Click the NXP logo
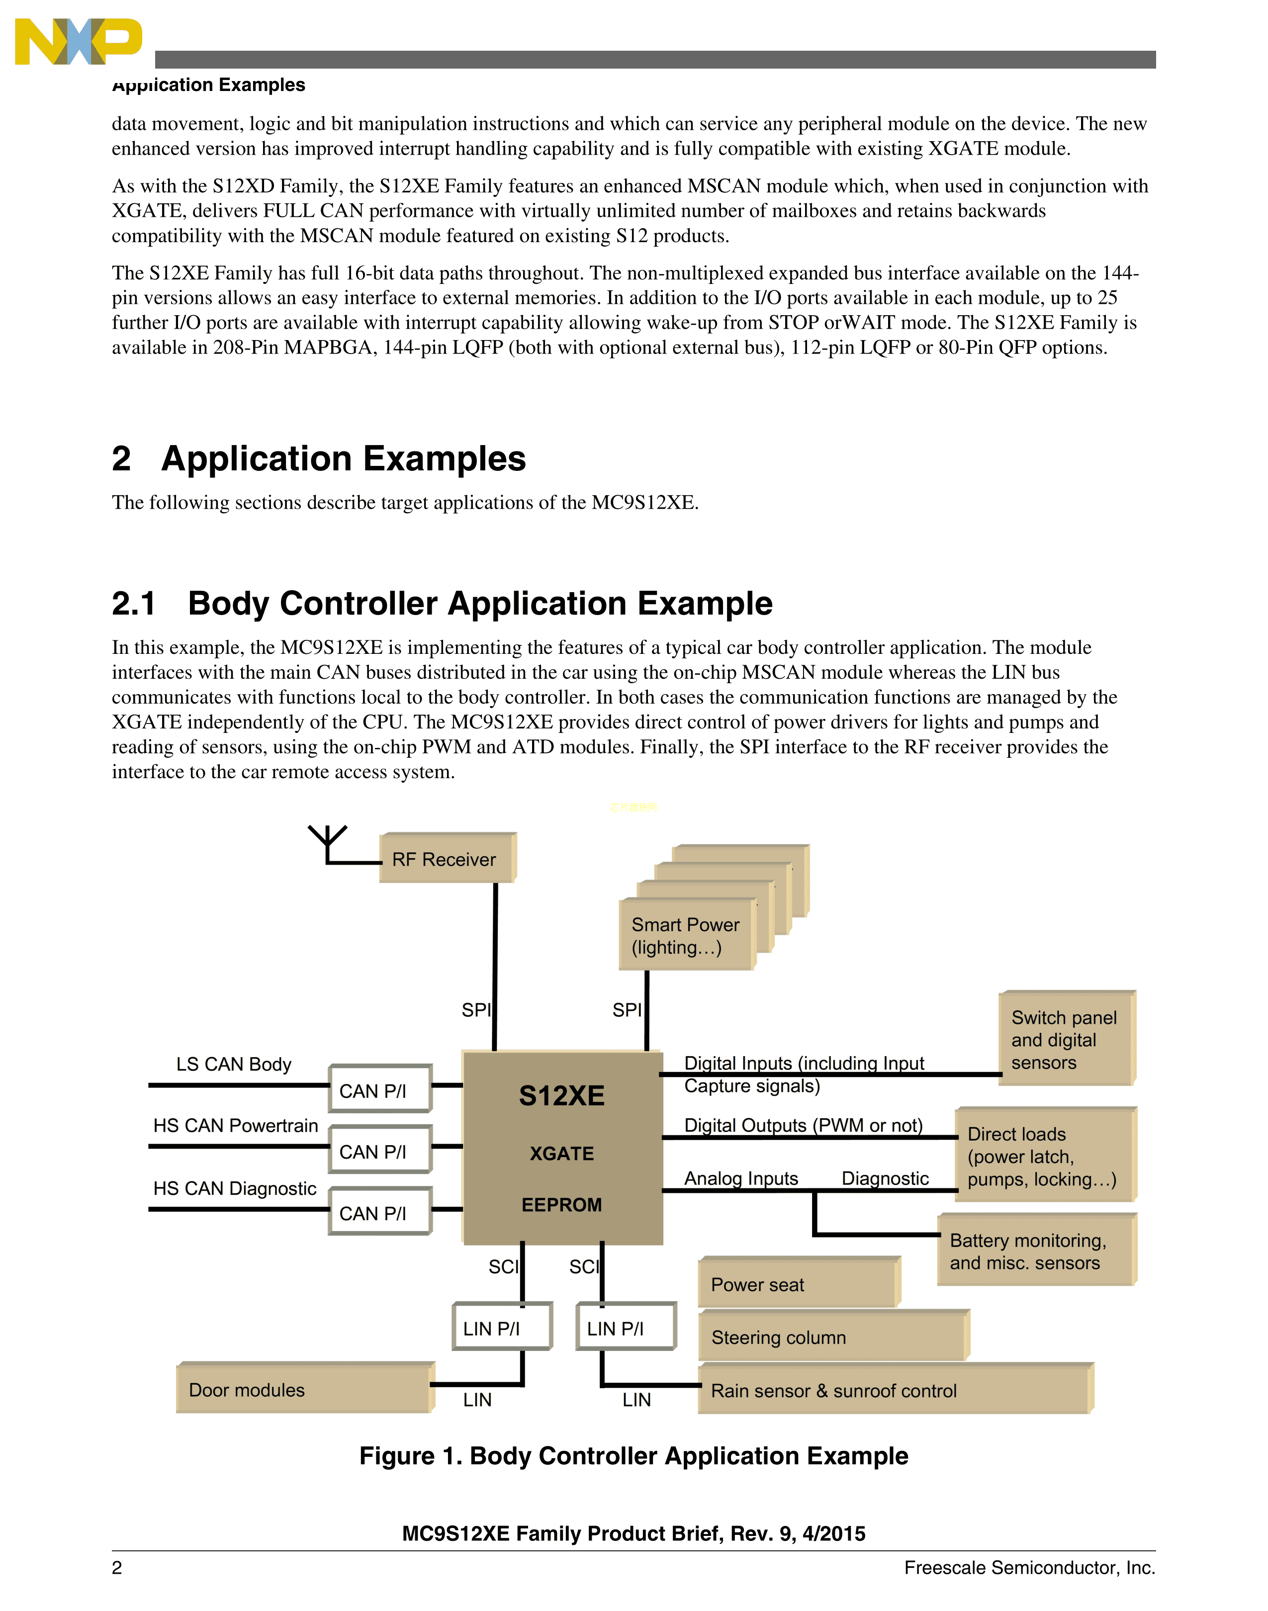[78, 42]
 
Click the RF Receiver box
[447, 859]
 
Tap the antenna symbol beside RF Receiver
[327, 843]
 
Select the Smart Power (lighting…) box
[686, 935]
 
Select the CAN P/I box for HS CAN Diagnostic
[379, 1212]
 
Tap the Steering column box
[832, 1337]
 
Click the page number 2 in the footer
[117, 1568]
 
